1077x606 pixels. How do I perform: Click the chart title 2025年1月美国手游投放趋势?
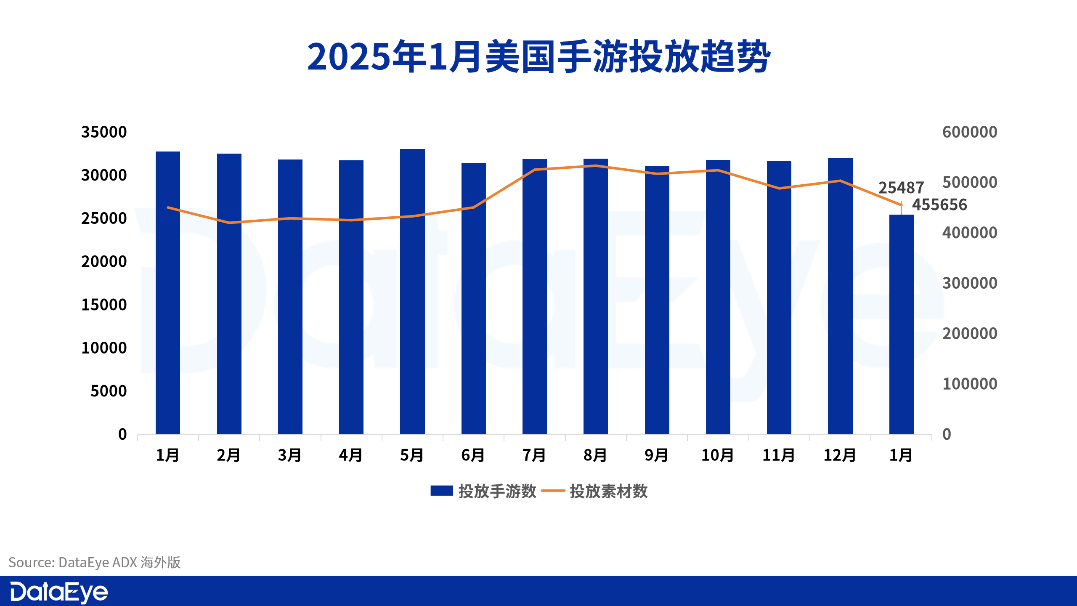click(538, 57)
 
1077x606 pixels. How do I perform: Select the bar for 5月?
click(412, 291)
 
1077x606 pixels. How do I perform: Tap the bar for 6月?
click(473, 299)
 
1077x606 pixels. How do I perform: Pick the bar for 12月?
click(840, 296)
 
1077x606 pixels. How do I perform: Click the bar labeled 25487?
click(901, 324)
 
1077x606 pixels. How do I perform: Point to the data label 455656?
click(939, 205)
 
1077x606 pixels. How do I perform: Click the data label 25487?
click(901, 187)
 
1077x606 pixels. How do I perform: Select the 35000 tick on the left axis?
click(103, 132)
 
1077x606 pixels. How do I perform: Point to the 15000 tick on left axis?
click(103, 305)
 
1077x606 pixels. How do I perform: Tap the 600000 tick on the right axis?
click(969, 132)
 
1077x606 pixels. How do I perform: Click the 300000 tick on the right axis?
click(969, 283)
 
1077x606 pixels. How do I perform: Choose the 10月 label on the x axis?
click(717, 455)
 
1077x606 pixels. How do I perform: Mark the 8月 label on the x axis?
click(595, 455)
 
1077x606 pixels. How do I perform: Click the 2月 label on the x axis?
click(228, 455)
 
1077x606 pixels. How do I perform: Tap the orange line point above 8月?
click(596, 166)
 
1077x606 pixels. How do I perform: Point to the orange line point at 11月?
click(779, 188)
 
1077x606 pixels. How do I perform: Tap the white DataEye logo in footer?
click(59, 592)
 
